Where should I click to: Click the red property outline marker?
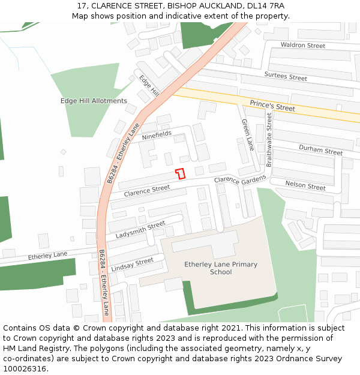pyautogui.click(x=179, y=174)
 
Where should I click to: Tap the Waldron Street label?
pyautogui.click(x=303, y=46)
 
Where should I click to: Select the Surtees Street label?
pyautogui.click(x=286, y=77)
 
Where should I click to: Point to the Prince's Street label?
pyautogui.click(x=272, y=106)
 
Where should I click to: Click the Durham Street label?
pyautogui.click(x=320, y=150)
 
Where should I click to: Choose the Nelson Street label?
pyautogui.click(x=305, y=185)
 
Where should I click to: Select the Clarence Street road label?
pyautogui.click(x=147, y=191)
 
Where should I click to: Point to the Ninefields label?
pyautogui.click(x=157, y=136)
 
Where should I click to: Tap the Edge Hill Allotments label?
pyautogui.click(x=94, y=101)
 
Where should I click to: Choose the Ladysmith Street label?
pyautogui.click(x=140, y=229)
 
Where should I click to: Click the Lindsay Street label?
pyautogui.click(x=132, y=265)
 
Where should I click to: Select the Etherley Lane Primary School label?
pyautogui.click(x=221, y=268)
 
